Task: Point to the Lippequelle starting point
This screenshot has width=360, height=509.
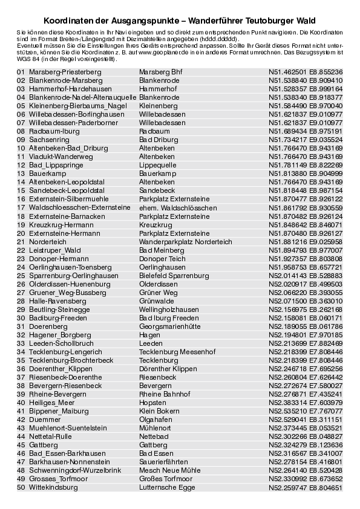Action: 157,164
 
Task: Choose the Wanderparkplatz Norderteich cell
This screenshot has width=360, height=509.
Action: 185,241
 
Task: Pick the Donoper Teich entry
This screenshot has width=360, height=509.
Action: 162,258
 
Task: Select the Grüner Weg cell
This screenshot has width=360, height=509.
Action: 158,292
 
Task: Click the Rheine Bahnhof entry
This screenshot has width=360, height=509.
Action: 164,394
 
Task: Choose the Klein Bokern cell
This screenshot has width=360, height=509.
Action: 159,410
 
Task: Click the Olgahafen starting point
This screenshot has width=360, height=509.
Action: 155,419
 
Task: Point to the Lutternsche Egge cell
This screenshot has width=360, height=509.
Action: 167,487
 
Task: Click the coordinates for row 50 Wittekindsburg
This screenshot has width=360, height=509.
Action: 306,487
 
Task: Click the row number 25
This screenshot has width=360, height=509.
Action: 21,275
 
